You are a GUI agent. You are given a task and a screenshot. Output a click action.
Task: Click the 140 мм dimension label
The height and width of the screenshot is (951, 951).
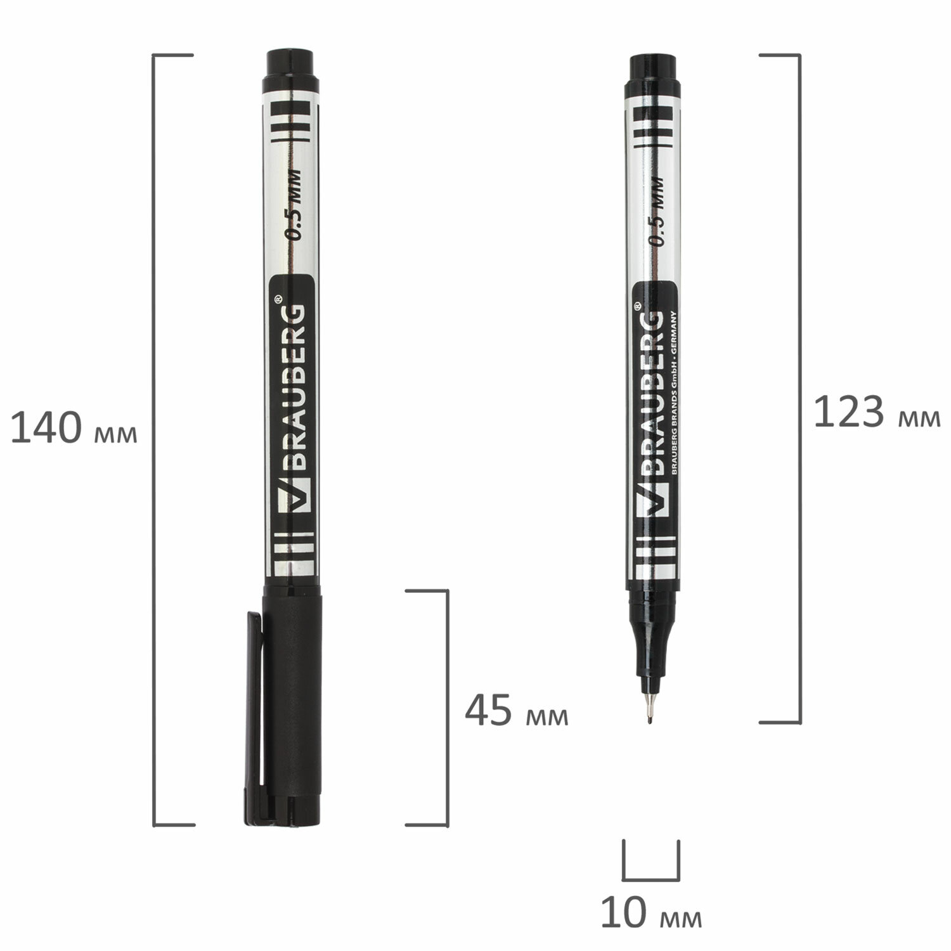[74, 429]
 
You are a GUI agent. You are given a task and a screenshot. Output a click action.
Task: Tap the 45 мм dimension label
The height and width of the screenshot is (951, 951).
[517, 712]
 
